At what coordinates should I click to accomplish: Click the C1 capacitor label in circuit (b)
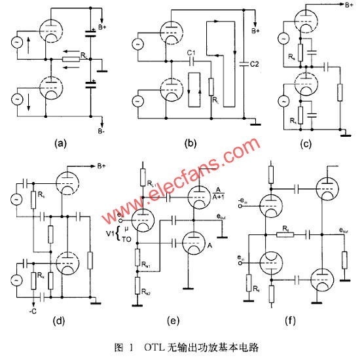click(192, 52)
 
